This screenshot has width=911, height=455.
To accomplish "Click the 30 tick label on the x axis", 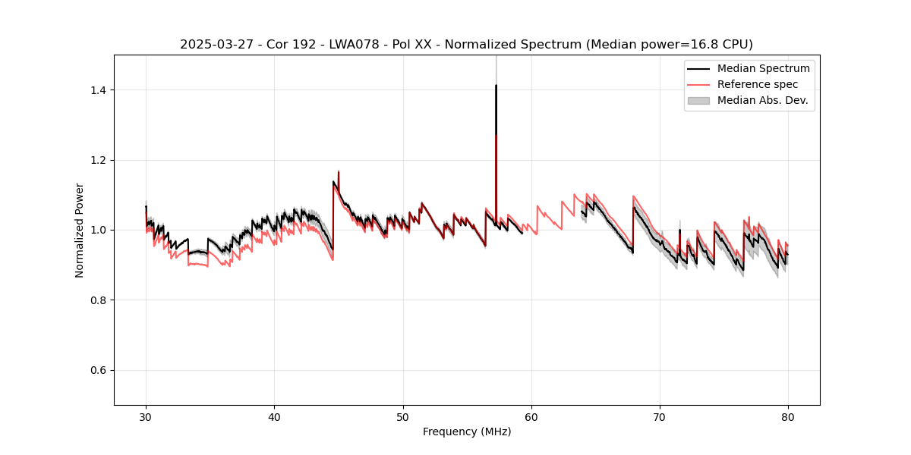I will [146, 416].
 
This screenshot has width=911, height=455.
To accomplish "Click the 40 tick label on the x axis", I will [274, 416].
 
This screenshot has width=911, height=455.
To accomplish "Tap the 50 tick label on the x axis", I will [402, 416].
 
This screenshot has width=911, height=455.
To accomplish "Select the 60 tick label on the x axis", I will [531, 416].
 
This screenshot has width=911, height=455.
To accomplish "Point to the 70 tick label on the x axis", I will [660, 416].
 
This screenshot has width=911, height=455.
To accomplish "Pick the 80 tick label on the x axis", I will [788, 416].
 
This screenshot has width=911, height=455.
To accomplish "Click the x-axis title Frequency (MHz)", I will [467, 431].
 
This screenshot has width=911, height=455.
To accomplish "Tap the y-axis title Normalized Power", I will [80, 230].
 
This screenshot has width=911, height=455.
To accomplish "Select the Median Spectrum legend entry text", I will [763, 68].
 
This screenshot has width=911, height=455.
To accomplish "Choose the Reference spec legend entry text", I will [758, 84].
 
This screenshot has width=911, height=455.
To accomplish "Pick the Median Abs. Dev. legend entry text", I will [762, 100].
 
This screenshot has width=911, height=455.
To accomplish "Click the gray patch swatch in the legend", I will [698, 100].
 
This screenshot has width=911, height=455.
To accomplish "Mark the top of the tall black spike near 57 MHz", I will [496, 85].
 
